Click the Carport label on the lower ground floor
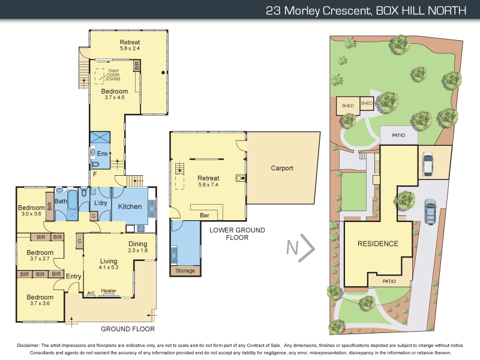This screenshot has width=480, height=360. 281,168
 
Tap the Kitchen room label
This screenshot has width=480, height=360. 130,206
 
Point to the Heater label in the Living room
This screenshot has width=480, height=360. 109,291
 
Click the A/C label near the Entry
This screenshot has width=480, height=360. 91,293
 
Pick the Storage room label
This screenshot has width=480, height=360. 185,271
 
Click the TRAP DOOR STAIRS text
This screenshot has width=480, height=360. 113,75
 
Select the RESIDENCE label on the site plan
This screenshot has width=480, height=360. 378,244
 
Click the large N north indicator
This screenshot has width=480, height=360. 301,248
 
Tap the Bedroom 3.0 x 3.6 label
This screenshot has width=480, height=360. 30,211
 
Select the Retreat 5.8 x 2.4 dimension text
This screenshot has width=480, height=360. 130,47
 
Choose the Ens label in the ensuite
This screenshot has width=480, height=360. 101,154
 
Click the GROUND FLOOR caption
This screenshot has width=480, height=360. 128,329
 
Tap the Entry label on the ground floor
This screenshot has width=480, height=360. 73,276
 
